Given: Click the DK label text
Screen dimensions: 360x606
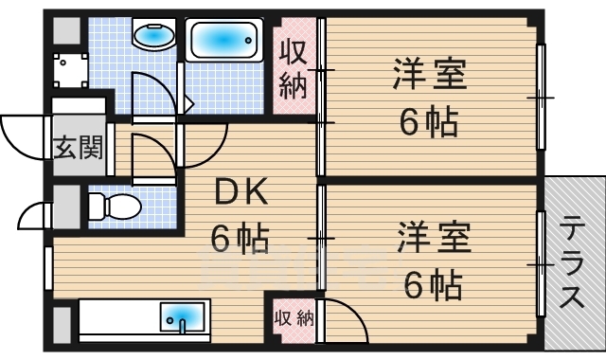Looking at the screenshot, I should pyautogui.click(x=243, y=194).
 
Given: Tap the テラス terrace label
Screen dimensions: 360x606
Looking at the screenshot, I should pyautogui.click(x=573, y=264).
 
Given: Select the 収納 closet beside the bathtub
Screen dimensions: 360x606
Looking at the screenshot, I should pyautogui.click(x=294, y=68).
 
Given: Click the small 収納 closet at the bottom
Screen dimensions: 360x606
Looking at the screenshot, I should pyautogui.click(x=293, y=318).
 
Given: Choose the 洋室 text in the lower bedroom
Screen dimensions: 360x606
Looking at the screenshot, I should pyautogui.click(x=433, y=237).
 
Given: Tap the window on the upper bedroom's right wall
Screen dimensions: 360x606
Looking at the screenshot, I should pyautogui.click(x=542, y=97).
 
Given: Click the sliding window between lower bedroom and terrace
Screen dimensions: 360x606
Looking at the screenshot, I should pyautogui.click(x=542, y=268).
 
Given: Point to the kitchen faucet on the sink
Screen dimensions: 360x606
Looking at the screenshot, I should pyautogui.click(x=183, y=325).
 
